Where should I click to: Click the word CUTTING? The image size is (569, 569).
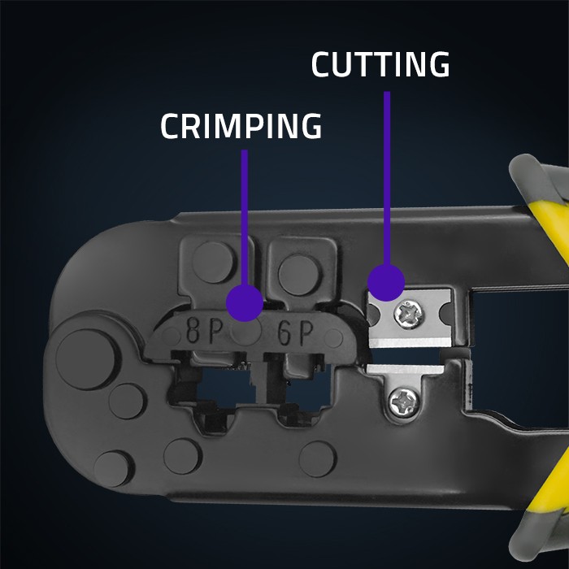pyautogui.click(x=380, y=66)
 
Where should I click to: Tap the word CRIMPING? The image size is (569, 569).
pyautogui.click(x=241, y=127)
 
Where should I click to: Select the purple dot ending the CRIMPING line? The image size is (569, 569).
pyautogui.click(x=245, y=301)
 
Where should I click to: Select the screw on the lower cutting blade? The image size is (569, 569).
pyautogui.click(x=403, y=399)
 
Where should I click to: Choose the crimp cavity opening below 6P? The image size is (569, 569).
pyautogui.click(x=302, y=390)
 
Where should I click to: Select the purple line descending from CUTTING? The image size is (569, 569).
pyautogui.click(x=387, y=179)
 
